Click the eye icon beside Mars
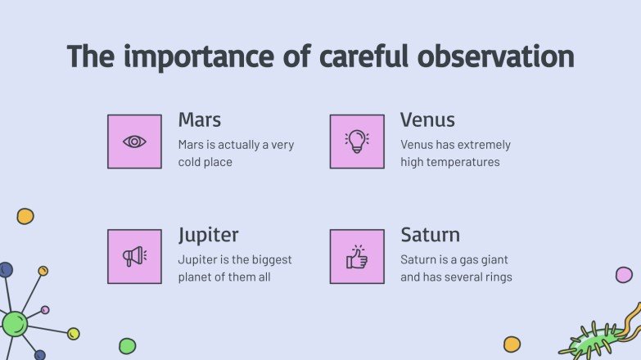134,142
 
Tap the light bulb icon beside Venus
357,142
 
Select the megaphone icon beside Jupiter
134,256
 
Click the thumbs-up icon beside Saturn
357,256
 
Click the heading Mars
200,120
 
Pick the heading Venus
427,120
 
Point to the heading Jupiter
208,236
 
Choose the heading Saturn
430,236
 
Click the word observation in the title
495,56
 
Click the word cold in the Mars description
191,162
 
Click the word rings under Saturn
496,277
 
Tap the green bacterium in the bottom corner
598,337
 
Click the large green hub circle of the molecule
14,323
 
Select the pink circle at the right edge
624,275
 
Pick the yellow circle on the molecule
73,333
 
